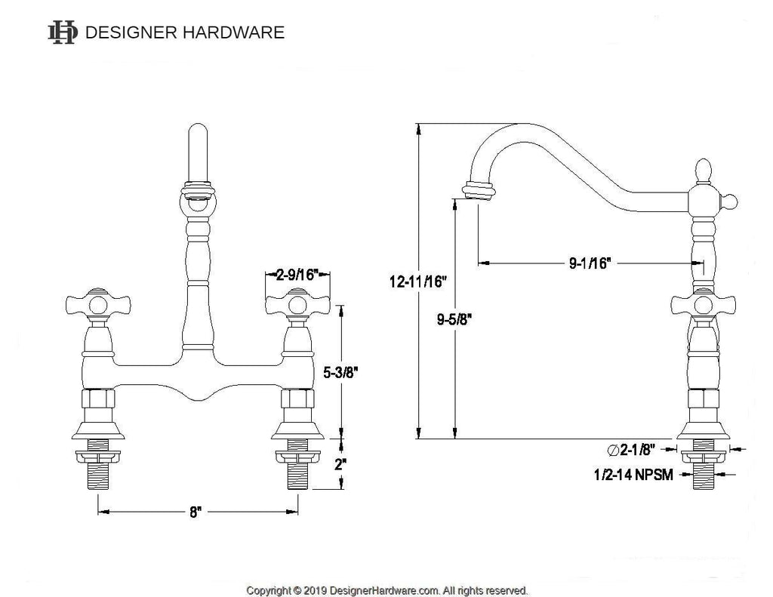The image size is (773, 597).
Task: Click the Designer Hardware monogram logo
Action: pos(62,32)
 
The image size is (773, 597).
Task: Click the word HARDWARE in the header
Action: pos(234,32)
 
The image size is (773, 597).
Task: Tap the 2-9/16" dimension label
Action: pos(297,275)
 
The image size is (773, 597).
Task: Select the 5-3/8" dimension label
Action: pos(340,372)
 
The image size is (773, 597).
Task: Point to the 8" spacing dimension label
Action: pos(196,512)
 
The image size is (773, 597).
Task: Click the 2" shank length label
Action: pos(340,464)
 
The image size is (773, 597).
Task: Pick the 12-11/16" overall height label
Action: pos(417,282)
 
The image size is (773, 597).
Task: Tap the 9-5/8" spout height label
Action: pos(454,319)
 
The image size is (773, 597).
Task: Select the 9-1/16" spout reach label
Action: pos(590,263)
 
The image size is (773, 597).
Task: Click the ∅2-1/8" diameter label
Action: pos(632,450)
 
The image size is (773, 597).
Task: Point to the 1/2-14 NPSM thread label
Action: pos(633,475)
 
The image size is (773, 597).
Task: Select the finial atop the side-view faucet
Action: pos(704,170)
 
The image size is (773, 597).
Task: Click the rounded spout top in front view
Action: pos(197,133)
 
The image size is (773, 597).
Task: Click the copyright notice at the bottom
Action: pos(387,590)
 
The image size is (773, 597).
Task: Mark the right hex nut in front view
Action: pos(297,399)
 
